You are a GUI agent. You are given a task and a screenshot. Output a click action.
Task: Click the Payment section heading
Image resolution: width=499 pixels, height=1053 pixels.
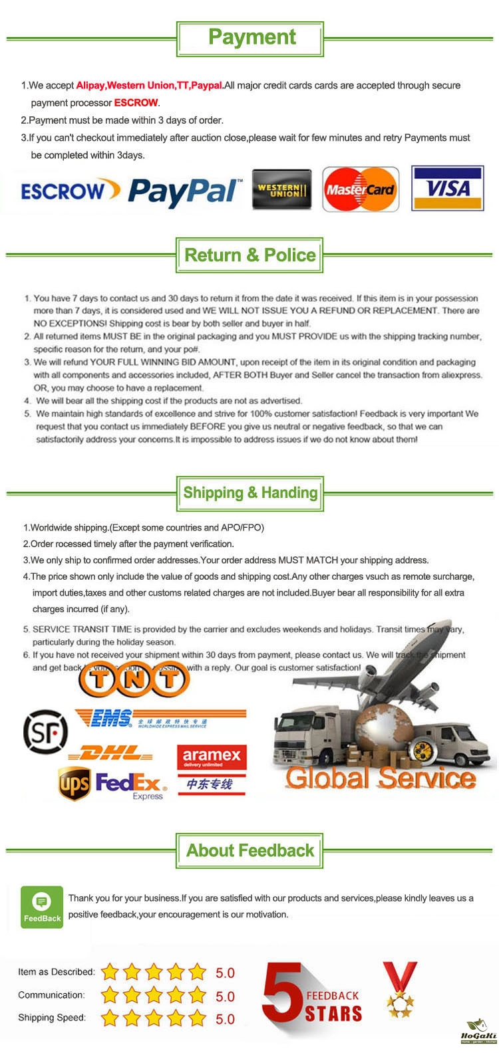click(x=251, y=37)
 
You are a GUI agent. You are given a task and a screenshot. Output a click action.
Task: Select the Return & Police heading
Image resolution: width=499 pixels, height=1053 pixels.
click(x=249, y=255)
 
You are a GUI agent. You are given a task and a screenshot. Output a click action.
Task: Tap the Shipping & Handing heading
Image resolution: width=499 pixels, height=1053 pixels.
click(x=250, y=493)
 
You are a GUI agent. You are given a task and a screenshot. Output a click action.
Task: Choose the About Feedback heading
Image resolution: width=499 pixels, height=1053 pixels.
click(x=250, y=850)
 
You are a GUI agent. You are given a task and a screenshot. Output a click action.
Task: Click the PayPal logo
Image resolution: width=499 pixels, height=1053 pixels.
click(x=184, y=191)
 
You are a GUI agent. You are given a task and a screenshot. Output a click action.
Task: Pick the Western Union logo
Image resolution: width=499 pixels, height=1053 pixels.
click(x=281, y=190)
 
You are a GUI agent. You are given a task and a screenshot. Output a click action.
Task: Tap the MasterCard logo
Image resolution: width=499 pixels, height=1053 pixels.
click(x=361, y=189)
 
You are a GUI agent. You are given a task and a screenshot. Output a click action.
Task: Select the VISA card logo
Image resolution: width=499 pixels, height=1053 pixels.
click(x=447, y=189)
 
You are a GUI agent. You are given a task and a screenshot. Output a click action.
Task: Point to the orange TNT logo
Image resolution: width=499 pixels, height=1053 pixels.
click(x=134, y=679)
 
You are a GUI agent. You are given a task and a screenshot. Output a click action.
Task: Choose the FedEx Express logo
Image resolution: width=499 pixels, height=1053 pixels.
click(x=131, y=784)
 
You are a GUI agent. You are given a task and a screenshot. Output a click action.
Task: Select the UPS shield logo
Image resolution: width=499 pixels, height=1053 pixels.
click(x=74, y=784)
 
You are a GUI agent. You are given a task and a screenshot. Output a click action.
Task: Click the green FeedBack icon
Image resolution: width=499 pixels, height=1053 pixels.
click(x=42, y=907)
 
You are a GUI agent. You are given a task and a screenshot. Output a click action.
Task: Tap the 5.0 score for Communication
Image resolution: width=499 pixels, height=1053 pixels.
click(x=225, y=996)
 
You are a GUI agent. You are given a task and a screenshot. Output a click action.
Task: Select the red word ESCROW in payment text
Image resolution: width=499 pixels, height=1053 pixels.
click(x=136, y=103)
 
